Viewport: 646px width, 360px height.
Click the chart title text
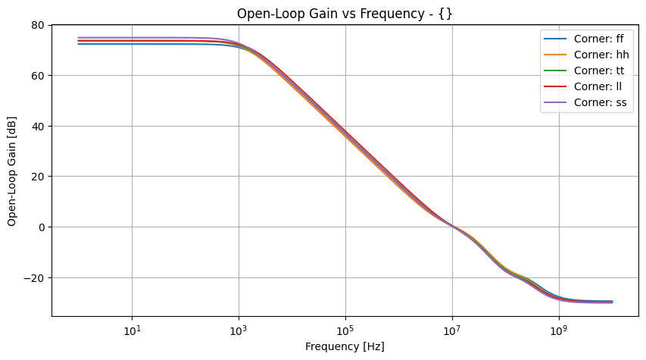345,14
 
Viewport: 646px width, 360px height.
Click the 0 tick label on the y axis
41,227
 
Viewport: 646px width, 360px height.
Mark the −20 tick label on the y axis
34,277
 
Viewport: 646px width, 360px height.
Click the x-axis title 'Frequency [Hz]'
345,346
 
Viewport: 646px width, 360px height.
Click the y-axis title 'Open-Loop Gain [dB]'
12,171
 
